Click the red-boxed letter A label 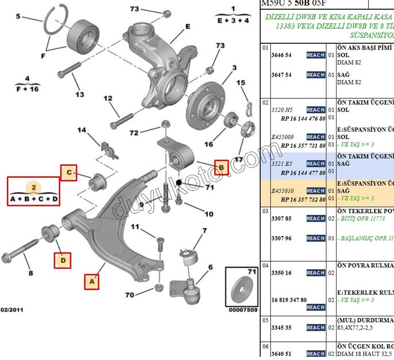(91, 281)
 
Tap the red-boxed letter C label (69, 173)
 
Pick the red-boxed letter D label (63, 261)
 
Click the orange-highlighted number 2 (33, 188)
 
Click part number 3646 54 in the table (281, 55)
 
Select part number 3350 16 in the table (281, 273)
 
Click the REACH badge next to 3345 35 (315, 328)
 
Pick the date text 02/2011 (12, 309)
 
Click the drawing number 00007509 (243, 310)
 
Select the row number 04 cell (265, 265)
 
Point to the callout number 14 (82, 130)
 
